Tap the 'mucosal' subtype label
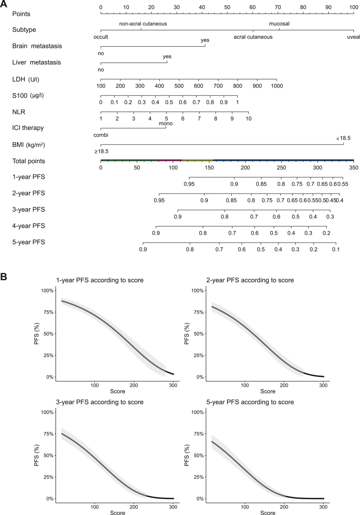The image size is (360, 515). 279,23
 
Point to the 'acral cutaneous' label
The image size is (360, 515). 253,37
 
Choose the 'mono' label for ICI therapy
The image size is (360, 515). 165,124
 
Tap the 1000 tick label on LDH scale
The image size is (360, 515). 277,86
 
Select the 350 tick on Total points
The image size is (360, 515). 353,167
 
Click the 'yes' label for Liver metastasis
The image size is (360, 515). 167,56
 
